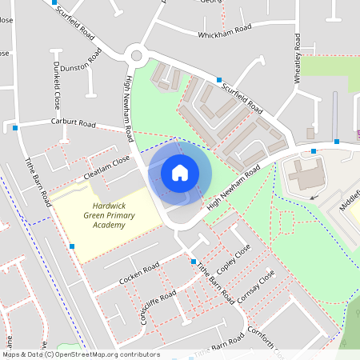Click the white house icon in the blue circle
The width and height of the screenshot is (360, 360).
pyautogui.click(x=179, y=172)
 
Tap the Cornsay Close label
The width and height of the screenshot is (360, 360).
pyautogui.click(x=256, y=286)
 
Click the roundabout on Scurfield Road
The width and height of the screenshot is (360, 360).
pyautogui.click(x=135, y=56)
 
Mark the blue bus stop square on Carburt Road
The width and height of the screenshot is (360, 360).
pyautogui.click(x=14, y=127)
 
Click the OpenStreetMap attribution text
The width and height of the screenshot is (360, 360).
pyautogui.click(x=80, y=354)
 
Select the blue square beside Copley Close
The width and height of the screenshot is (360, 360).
pyautogui.click(x=194, y=262)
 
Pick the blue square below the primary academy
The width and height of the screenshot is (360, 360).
pyautogui.click(x=72, y=246)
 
